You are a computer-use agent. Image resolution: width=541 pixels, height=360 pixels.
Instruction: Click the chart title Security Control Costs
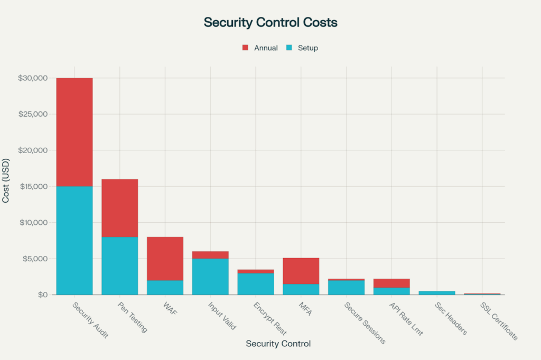270,23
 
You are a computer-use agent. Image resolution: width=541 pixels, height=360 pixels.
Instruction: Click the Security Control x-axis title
278,344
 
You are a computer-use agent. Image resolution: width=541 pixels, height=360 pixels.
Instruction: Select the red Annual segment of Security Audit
74,132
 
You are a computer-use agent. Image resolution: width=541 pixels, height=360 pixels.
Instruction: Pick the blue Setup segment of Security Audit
74,240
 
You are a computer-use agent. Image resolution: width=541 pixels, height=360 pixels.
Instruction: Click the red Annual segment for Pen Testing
120,208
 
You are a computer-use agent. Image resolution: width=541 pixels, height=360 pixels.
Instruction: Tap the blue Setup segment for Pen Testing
120,266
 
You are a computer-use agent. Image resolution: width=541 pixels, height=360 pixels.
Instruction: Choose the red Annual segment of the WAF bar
165,259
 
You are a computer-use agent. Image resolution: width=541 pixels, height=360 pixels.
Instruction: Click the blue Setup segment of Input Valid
210,277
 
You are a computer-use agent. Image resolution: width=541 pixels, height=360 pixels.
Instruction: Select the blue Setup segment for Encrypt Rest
256,284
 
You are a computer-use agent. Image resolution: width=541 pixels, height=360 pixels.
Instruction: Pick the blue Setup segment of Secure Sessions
346,288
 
